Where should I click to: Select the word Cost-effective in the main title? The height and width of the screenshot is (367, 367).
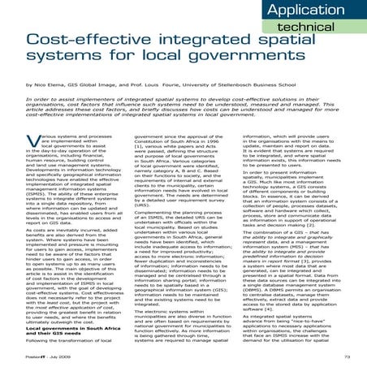tap(82, 38)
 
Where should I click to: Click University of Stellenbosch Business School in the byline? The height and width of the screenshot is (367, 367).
tap(276, 84)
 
